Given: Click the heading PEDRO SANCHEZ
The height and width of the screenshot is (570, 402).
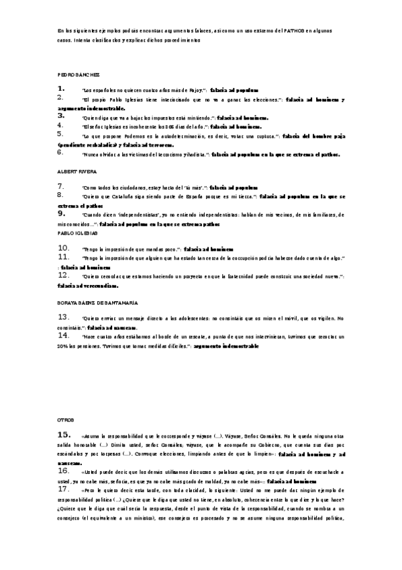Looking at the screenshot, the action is [79, 74].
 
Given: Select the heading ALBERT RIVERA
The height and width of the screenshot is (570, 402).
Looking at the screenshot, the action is [78, 172].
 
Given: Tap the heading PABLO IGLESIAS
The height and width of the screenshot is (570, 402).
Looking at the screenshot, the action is [79, 233].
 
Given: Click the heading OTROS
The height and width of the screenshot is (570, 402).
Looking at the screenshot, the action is [66, 419].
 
